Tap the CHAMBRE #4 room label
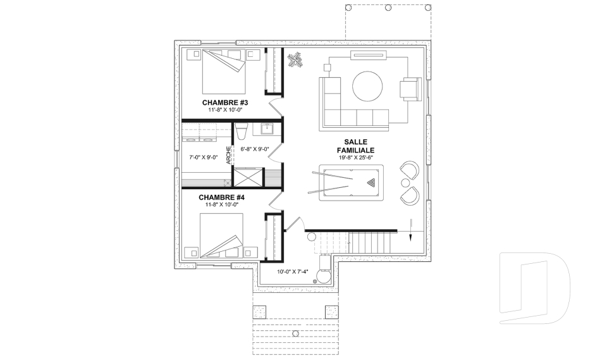coord(221,197)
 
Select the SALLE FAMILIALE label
coord(355,146)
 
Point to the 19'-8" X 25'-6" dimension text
coord(355,158)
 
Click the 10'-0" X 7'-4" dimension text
coord(293,271)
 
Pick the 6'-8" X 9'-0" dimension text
coord(255,149)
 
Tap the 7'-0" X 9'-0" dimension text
coord(203,158)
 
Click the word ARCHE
coord(228,155)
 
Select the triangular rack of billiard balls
coord(372,182)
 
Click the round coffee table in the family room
coord(367,86)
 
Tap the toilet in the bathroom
coord(241,131)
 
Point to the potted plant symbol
coord(295,61)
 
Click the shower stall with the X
coord(248,178)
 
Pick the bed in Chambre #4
coord(221,235)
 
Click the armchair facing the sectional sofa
coord(410,89)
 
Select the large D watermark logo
coord(534,287)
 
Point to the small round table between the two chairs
coord(405,182)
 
